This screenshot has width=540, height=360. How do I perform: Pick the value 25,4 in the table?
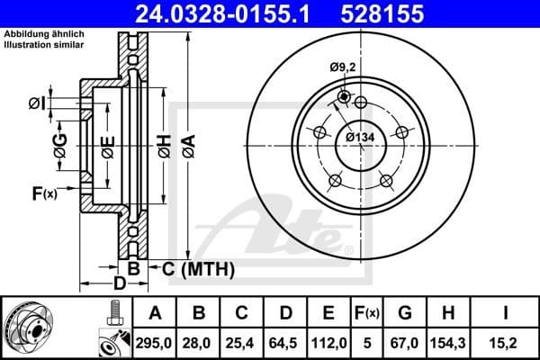coord(242,341)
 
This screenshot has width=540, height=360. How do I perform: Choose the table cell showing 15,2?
coord(508,341)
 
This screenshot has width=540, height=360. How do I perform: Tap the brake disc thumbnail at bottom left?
coord(38,328)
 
